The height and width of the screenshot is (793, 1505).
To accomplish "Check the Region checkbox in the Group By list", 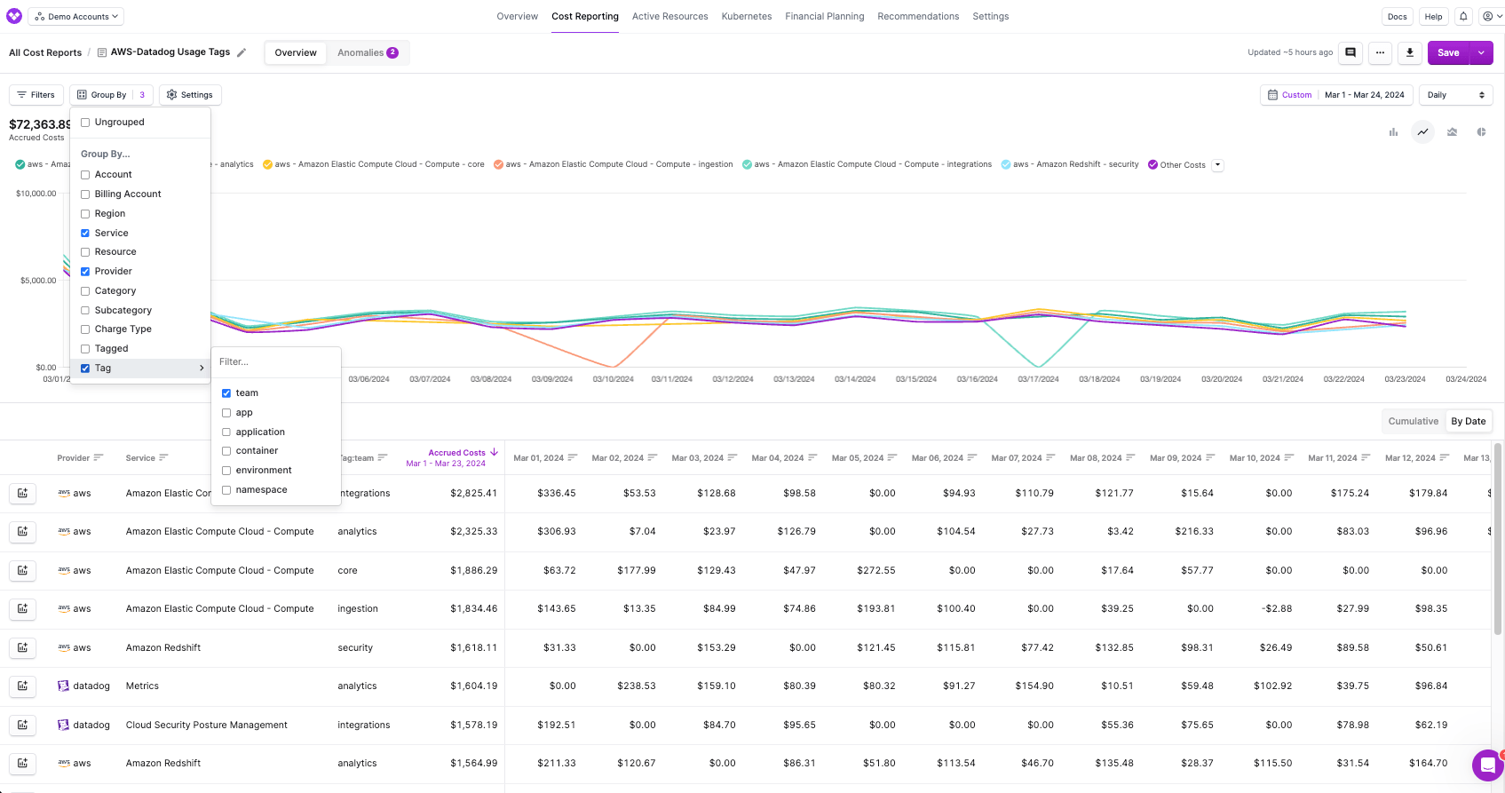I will point(86,214).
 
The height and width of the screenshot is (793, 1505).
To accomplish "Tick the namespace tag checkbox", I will point(226,490).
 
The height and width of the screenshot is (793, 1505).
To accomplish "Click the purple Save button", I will point(1448,53).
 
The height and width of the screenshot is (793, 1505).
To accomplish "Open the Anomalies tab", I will point(367,53).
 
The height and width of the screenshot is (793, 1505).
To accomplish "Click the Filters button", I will point(36,95).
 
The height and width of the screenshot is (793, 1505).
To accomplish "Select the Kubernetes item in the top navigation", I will point(746,17).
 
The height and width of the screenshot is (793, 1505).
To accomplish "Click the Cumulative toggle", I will point(1413,422).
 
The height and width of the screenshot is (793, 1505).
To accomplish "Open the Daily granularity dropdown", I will point(1455,95).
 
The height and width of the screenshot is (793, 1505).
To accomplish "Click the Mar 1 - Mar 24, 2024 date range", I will point(1364,95).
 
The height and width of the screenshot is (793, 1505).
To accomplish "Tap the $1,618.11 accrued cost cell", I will point(473,648).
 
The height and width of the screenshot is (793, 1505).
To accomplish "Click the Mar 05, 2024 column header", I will point(857,458).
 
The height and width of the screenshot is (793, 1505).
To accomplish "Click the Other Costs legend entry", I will point(1182,165).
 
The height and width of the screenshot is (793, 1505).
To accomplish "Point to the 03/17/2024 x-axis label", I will point(1038,379).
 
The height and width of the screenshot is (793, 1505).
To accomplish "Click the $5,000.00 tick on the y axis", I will point(38,281).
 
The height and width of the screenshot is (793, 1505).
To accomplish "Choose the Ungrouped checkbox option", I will point(86,123).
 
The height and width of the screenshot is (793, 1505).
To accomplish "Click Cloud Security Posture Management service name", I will point(206,726).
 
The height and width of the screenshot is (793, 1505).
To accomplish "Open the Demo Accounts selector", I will point(76,17).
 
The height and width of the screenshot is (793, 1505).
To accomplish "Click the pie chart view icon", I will point(1481,132).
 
